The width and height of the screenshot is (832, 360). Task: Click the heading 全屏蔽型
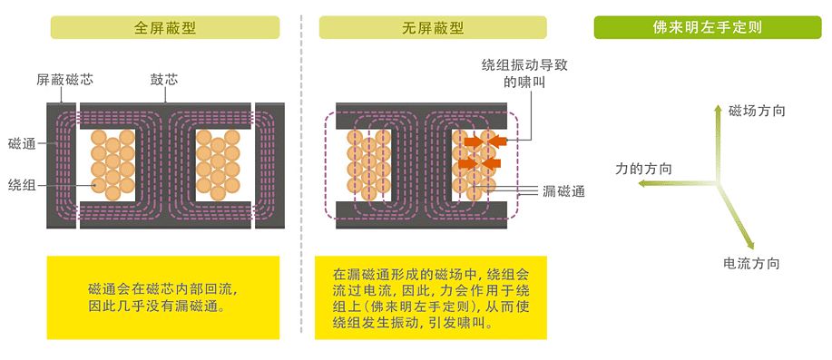[x=165, y=27]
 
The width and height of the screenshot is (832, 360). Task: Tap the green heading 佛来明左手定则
[x=708, y=27]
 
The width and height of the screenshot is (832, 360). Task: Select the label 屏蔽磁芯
[x=64, y=79]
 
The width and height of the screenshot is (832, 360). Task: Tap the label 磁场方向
[x=757, y=110]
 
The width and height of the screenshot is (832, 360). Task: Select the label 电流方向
[x=751, y=264]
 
